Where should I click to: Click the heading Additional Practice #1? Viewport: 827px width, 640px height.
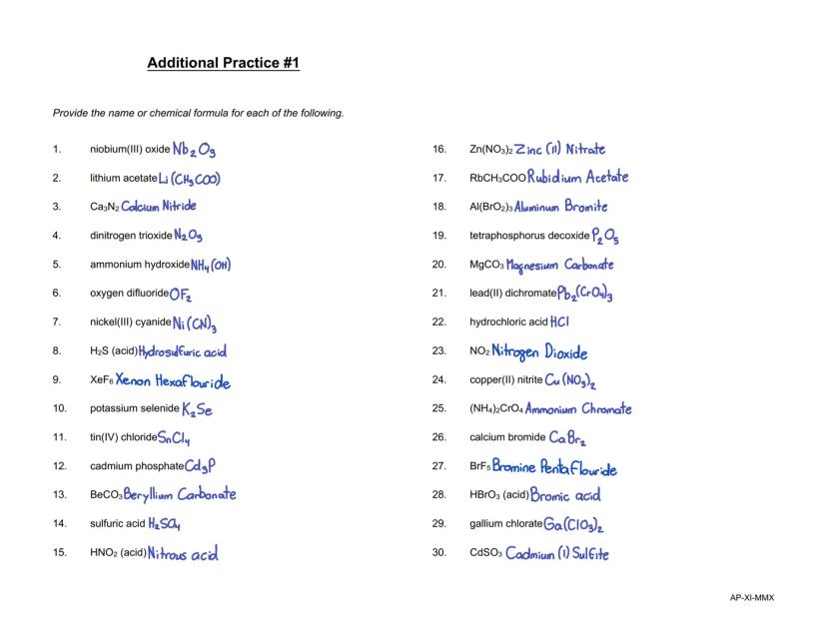[x=223, y=63]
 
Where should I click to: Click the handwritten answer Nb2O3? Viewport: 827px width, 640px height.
[x=194, y=150]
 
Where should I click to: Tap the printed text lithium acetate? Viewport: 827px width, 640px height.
[x=123, y=179]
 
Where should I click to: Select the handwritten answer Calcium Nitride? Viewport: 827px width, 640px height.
[x=159, y=207]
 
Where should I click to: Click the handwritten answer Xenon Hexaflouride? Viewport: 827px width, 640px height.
[x=173, y=381]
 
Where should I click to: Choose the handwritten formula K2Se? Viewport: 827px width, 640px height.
[x=197, y=409]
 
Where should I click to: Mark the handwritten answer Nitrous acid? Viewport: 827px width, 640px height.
[x=183, y=553]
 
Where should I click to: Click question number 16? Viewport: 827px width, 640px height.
[x=438, y=150]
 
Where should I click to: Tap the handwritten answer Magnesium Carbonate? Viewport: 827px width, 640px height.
[x=559, y=266]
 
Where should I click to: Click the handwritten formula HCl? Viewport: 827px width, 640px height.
[x=559, y=322]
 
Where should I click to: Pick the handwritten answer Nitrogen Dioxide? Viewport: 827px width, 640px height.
[x=539, y=352]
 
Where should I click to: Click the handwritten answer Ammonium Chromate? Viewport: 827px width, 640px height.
[x=578, y=409]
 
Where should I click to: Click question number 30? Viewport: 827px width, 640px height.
[x=438, y=553]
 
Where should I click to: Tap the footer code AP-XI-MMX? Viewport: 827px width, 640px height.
[x=752, y=598]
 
